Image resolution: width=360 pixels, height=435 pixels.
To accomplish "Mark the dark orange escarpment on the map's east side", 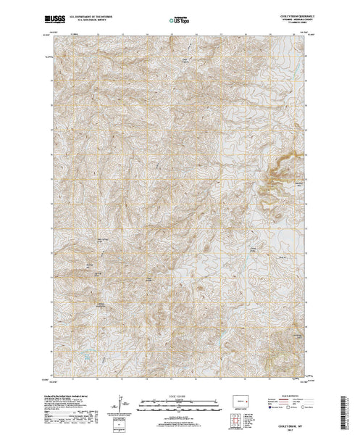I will (x=277, y=174).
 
